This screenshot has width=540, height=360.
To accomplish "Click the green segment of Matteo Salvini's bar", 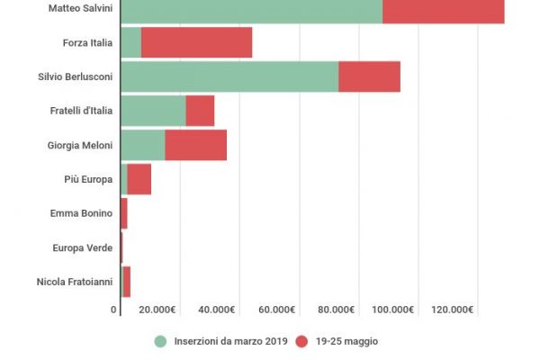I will [x=251, y=9].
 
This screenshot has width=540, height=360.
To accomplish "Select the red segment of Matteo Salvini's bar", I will [x=443, y=9].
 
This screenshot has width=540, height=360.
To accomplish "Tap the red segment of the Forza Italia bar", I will [x=196, y=42].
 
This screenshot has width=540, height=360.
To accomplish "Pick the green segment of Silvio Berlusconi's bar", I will [x=229, y=76].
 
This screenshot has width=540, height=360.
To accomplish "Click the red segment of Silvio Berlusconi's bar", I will [x=369, y=76].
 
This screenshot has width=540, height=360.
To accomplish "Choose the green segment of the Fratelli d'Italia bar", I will [x=153, y=111].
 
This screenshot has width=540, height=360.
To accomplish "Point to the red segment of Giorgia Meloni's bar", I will [x=195, y=145].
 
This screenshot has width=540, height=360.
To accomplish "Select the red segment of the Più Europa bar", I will [x=139, y=179].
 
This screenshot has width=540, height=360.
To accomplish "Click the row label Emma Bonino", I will [x=82, y=213].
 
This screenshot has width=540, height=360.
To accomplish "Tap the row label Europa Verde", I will [x=82, y=247].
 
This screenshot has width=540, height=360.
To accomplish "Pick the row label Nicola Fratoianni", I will [x=75, y=282].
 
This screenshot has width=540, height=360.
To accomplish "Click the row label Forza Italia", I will [x=87, y=42].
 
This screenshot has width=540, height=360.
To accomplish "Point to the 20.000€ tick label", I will [x=157, y=310].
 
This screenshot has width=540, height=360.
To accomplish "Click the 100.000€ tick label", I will [x=394, y=310].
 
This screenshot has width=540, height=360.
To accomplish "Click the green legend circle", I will [x=161, y=341].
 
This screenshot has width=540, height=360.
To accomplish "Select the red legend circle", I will [x=301, y=341].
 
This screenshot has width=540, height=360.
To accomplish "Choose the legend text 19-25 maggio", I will [x=346, y=341].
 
